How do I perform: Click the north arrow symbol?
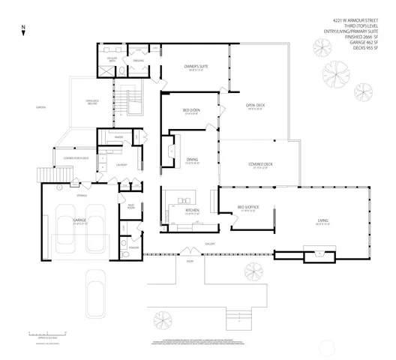23,31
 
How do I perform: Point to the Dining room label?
193,159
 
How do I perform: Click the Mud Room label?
130,207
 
